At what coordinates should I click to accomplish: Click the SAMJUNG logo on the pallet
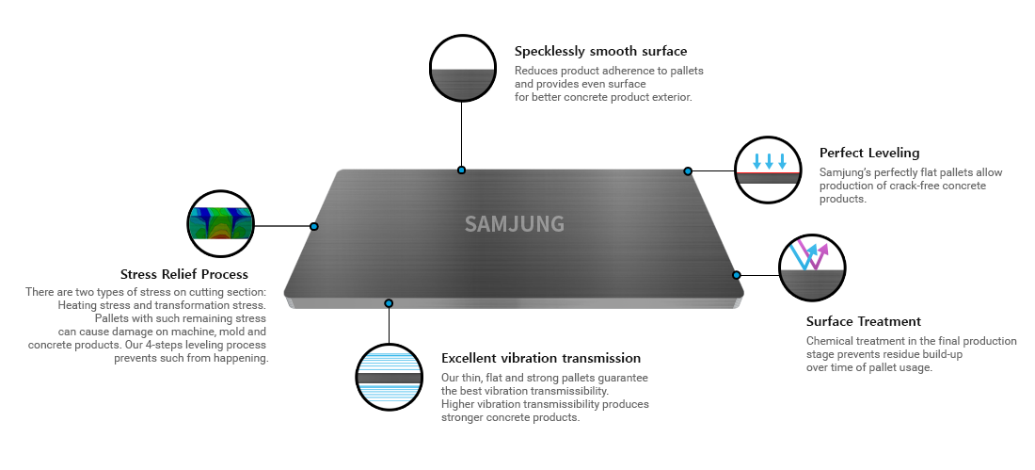(x=514, y=224)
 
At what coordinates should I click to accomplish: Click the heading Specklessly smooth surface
(x=600, y=51)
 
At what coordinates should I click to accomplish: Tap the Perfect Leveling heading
(x=869, y=153)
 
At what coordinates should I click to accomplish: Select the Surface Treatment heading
(x=864, y=321)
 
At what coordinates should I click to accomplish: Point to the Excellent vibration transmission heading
(x=541, y=358)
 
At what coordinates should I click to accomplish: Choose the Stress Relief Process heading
(x=184, y=274)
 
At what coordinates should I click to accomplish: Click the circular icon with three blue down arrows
(x=768, y=170)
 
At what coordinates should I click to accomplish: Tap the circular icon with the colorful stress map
(x=220, y=223)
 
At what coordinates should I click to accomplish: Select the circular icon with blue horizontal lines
(x=389, y=378)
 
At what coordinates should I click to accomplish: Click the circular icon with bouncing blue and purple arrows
(x=812, y=268)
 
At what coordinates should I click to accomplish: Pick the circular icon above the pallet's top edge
(x=462, y=68)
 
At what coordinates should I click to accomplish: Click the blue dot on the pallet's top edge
(x=461, y=170)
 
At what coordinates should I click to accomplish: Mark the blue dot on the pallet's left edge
(x=314, y=226)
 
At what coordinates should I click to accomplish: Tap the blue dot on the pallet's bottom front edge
(x=389, y=302)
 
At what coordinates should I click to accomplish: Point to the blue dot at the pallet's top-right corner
(x=688, y=171)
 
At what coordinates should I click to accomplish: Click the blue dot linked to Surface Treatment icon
(x=737, y=275)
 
